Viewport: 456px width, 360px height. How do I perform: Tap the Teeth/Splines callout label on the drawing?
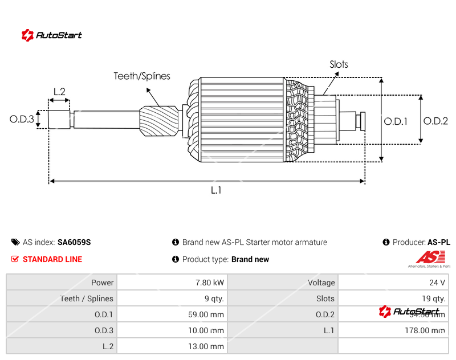point(141,76)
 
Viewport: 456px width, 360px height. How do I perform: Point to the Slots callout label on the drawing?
point(339,64)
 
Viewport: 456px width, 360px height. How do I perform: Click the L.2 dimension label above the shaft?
point(59,91)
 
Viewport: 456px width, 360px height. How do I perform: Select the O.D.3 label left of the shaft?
point(22,119)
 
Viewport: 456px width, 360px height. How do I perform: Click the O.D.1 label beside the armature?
point(396,121)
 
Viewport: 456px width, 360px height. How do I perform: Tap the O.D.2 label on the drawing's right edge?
point(435,121)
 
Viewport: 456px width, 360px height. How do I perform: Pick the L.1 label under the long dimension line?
point(216,190)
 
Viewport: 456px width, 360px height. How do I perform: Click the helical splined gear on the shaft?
point(160,121)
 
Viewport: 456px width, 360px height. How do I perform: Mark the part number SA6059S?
point(74,242)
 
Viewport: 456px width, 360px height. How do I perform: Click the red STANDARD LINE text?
point(52,259)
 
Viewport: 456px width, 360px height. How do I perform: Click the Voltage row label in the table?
point(321,283)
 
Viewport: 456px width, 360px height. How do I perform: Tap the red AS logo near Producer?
point(427,257)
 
